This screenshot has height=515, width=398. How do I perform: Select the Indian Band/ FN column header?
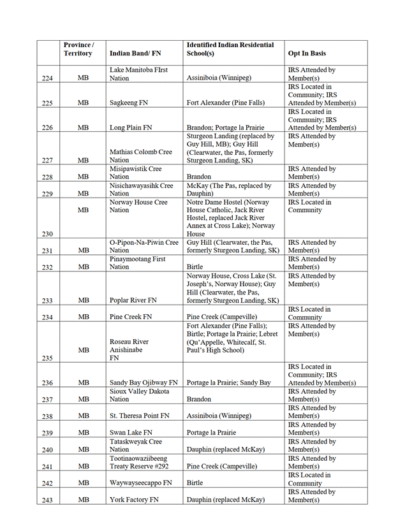(137, 54)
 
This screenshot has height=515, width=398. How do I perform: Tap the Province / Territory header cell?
(78, 49)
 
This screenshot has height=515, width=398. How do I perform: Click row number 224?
(47, 78)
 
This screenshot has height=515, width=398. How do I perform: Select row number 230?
(47, 234)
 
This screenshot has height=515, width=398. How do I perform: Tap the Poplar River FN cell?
(132, 300)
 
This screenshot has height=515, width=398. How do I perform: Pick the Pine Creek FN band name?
(131, 317)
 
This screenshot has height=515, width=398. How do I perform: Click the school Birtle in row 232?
(195, 267)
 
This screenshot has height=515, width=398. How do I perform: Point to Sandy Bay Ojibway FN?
(144, 383)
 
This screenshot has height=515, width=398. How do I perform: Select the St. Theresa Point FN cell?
(140, 416)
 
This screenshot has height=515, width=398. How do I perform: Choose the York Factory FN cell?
(134, 500)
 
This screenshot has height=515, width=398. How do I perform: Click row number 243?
(47, 500)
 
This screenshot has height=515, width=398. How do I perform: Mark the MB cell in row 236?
(84, 383)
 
